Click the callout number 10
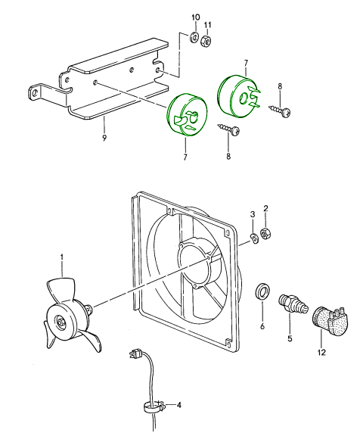pyautogui.click(x=196, y=17)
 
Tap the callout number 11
pyautogui.click(x=207, y=25)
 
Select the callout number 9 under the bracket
pyautogui.click(x=104, y=138)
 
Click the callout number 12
pyautogui.click(x=322, y=352)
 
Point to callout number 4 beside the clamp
pyautogui.click(x=179, y=405)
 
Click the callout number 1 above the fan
pyautogui.click(x=62, y=257)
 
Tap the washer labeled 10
pyautogui.click(x=194, y=37)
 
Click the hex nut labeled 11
pyautogui.click(x=206, y=42)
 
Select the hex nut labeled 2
pyautogui.click(x=265, y=233)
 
